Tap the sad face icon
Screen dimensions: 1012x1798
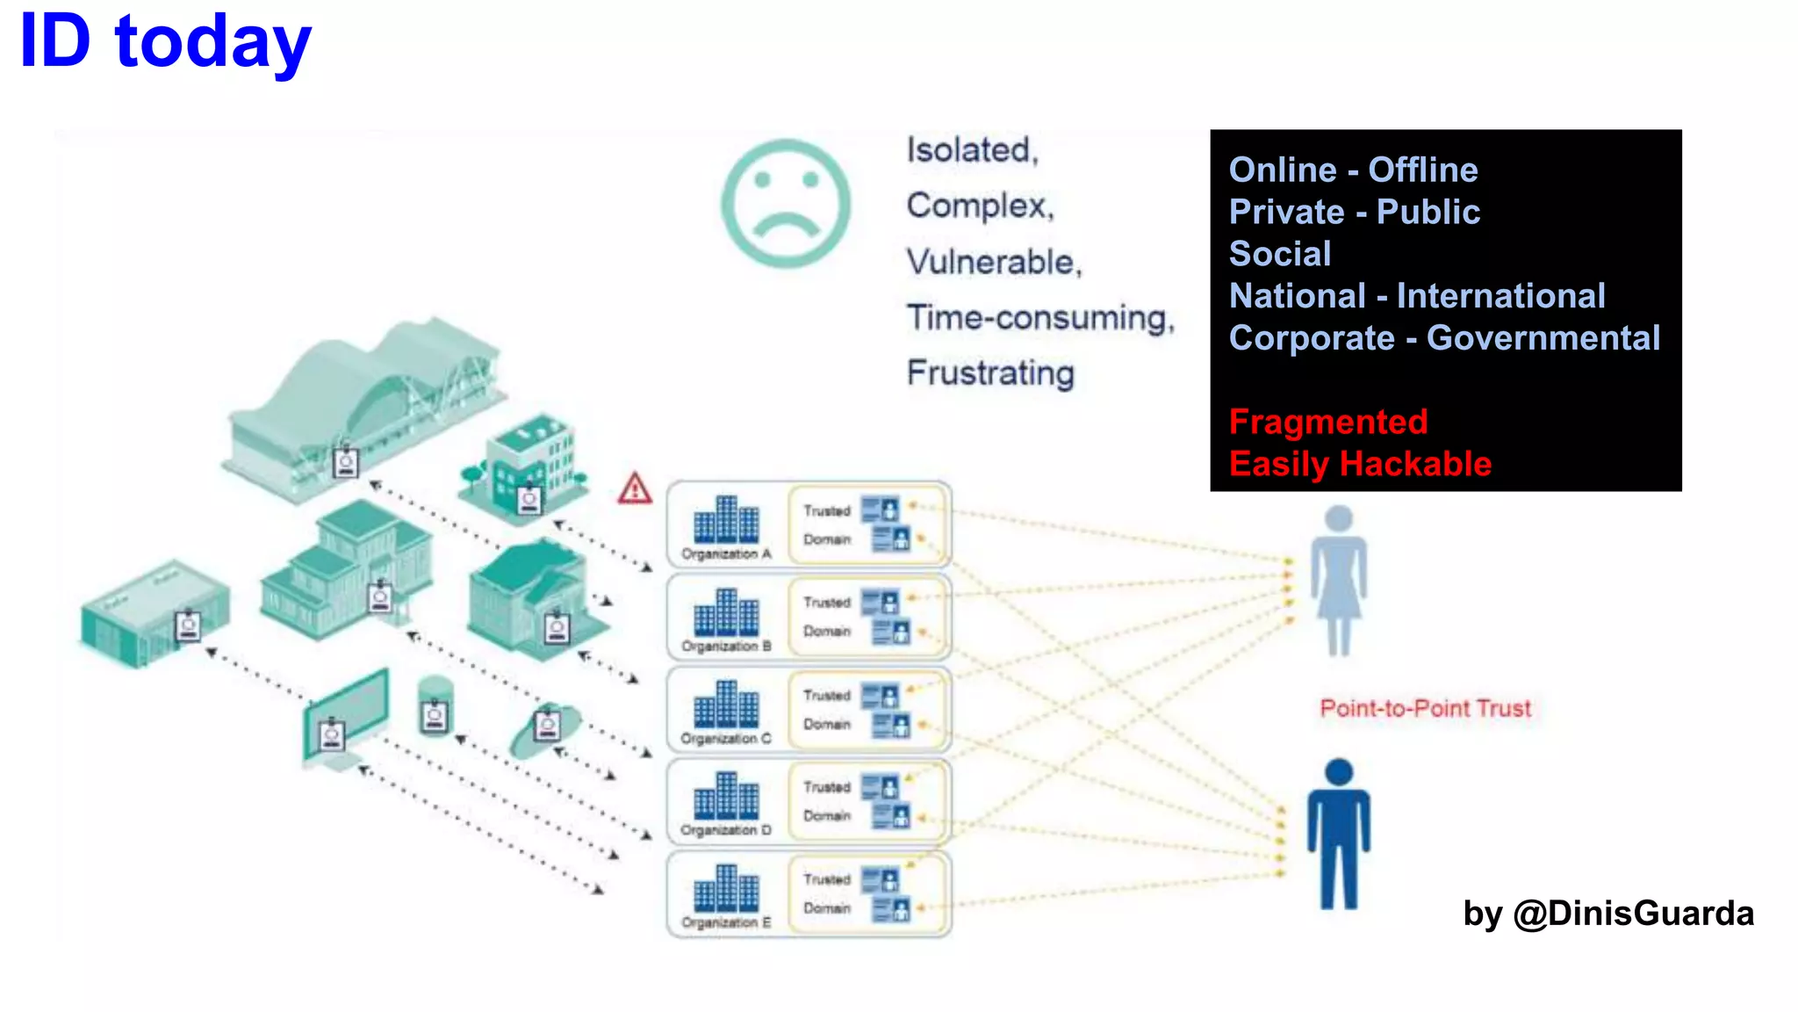click(786, 203)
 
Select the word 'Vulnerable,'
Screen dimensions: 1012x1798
click(994, 262)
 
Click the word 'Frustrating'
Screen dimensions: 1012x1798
click(990, 372)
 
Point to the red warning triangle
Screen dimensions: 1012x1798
click(635, 488)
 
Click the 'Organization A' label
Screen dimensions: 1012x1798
click(726, 554)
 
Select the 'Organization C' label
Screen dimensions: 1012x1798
click(726, 739)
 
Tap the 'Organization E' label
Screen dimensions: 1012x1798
click(726, 923)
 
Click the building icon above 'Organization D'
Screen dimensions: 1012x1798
click(726, 795)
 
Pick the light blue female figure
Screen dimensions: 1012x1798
click(1338, 580)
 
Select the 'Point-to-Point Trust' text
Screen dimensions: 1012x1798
click(1425, 708)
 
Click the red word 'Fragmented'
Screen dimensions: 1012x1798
click(1327, 422)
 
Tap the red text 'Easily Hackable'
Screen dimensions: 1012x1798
click(1360, 464)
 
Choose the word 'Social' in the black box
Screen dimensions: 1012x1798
click(1280, 254)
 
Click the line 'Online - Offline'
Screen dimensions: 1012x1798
click(1353, 170)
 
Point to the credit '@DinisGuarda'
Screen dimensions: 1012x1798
click(1633, 914)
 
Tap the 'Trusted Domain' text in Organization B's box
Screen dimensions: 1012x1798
click(827, 617)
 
